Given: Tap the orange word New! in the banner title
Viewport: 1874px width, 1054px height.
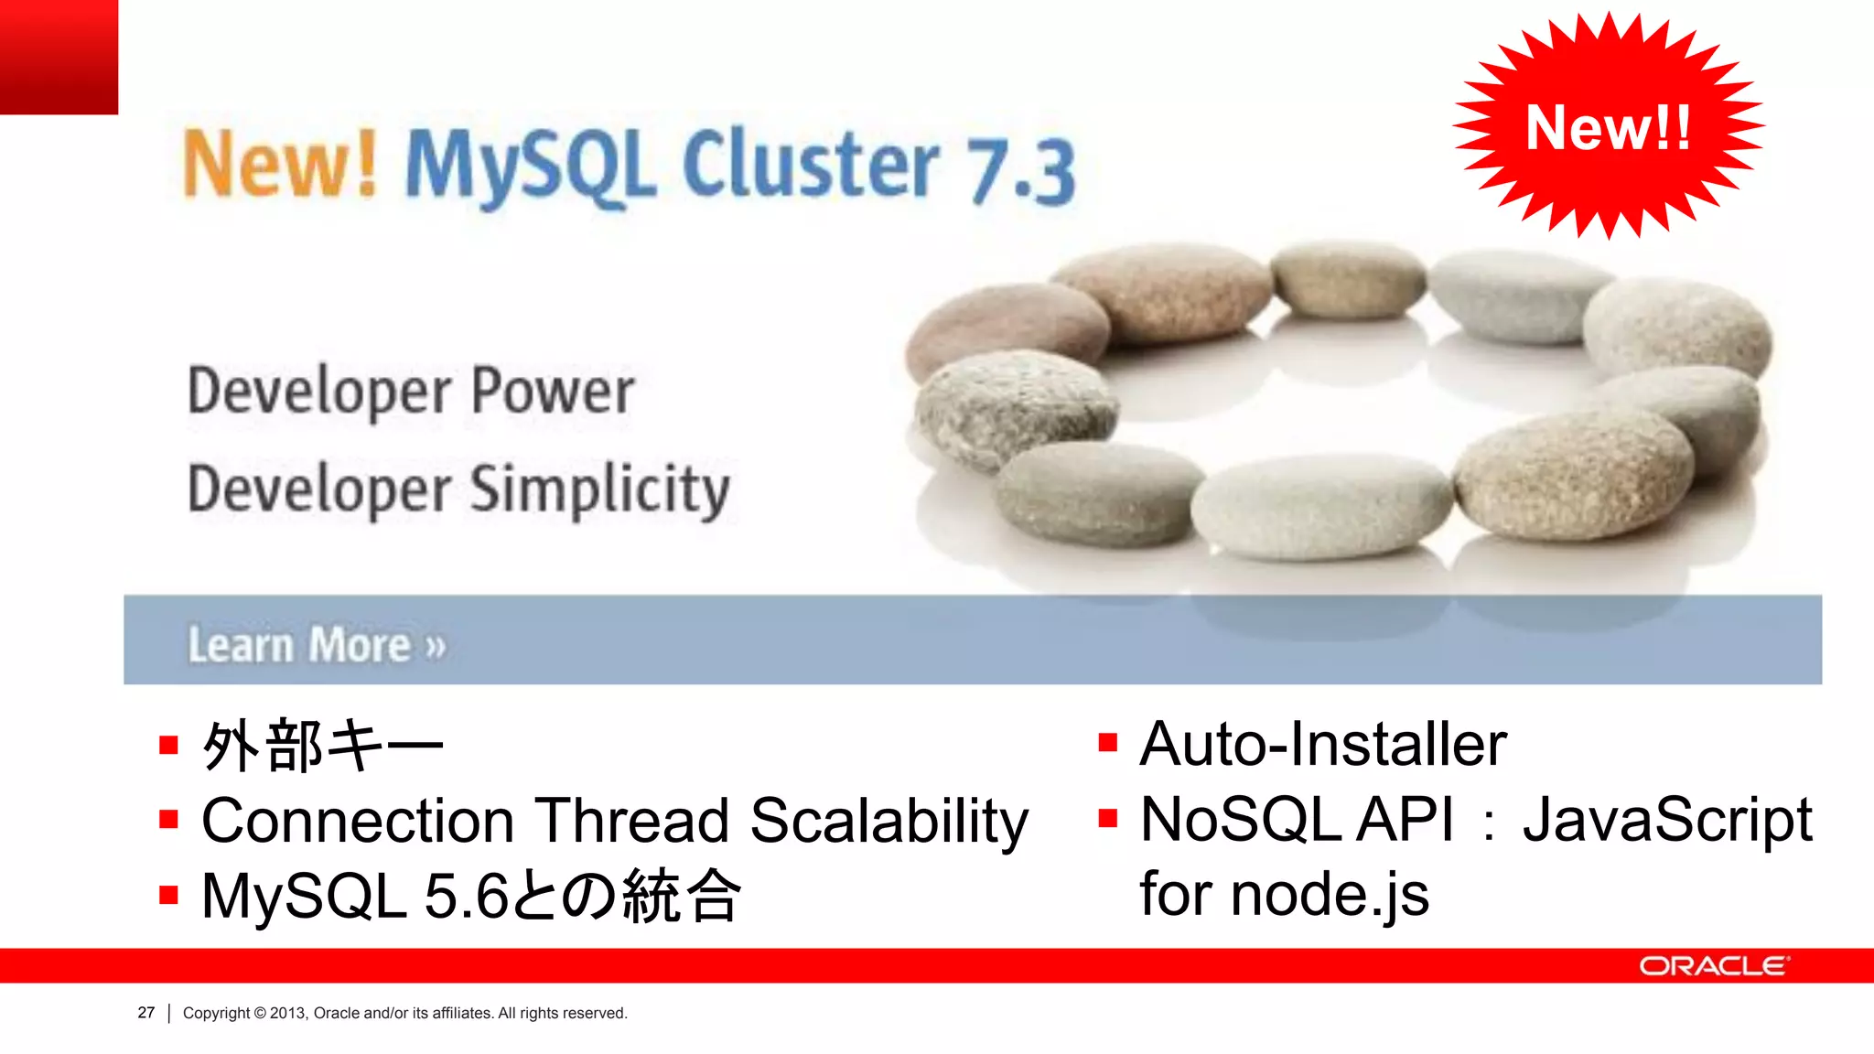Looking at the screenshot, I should pyautogui.click(x=280, y=165).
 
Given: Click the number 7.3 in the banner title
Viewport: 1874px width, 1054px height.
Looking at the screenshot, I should pyautogui.click(x=1022, y=170).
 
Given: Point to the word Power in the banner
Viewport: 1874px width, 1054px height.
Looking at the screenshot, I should pyautogui.click(x=552, y=392).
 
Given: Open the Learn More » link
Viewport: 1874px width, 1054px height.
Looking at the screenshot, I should pyautogui.click(x=317, y=644).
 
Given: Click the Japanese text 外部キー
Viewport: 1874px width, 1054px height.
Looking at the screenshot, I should pyautogui.click(x=322, y=746).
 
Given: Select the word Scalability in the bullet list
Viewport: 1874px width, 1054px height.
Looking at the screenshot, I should pyautogui.click(x=889, y=822).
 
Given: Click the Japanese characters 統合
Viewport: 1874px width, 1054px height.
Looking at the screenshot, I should pyautogui.click(x=682, y=897).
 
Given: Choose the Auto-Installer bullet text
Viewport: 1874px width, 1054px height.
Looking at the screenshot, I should pyautogui.click(x=1322, y=744).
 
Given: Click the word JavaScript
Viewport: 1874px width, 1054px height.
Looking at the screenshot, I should pyautogui.click(x=1666, y=820).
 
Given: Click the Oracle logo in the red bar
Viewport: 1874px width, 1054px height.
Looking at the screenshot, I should pyautogui.click(x=1713, y=966).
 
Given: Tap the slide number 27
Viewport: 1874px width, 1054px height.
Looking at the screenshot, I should pyautogui.click(x=146, y=1013).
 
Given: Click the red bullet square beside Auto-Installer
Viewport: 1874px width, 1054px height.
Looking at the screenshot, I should pyautogui.click(x=1107, y=742).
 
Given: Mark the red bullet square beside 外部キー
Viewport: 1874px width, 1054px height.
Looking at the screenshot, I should pyautogui.click(x=168, y=745).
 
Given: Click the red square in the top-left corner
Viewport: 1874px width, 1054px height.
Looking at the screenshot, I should pyautogui.click(x=59, y=57).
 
